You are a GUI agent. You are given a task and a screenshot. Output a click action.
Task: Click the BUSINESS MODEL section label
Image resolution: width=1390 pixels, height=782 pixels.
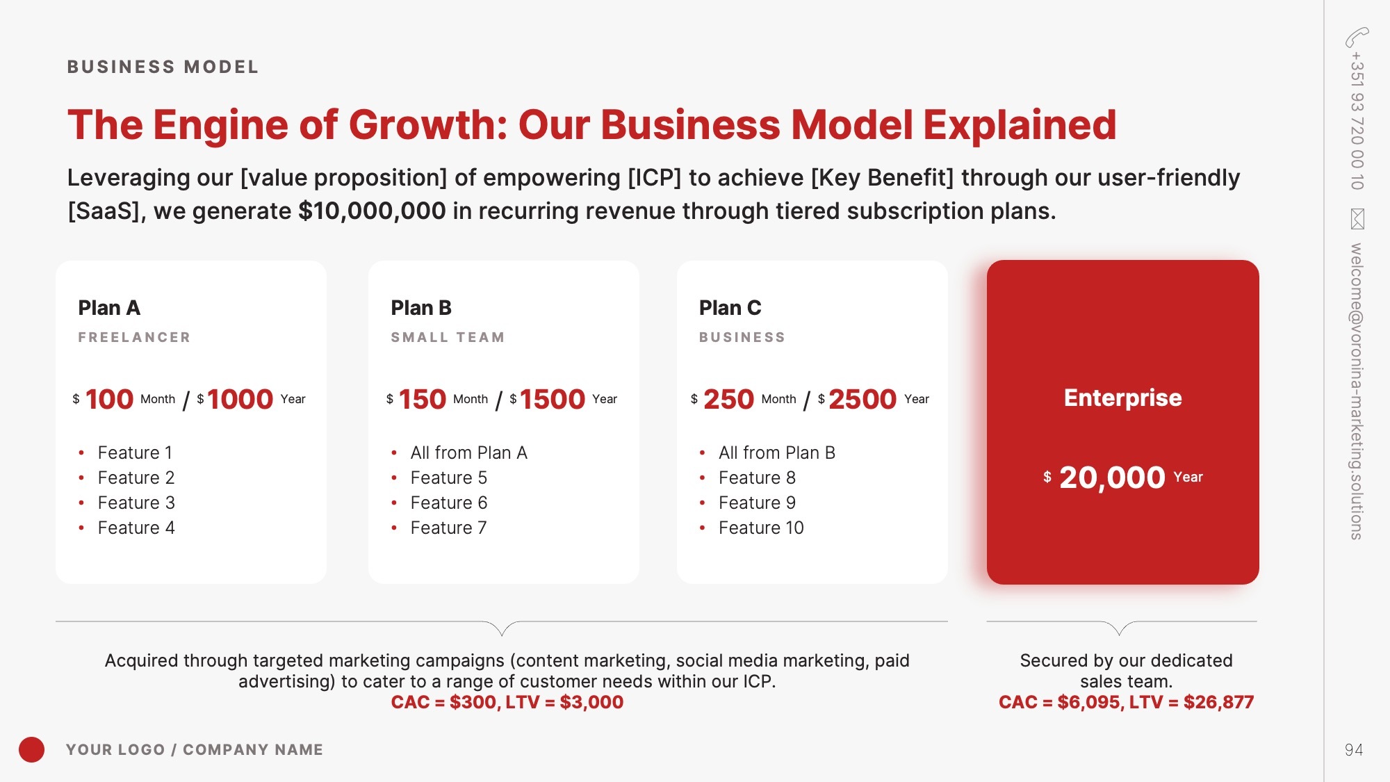pos(163,67)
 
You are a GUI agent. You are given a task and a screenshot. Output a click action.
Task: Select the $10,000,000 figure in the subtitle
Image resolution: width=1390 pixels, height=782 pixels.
pos(372,211)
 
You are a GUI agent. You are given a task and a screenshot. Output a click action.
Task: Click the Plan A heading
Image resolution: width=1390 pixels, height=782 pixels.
pos(109,307)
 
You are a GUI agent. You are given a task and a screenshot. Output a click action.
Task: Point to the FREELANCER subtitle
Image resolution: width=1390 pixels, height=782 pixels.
pos(134,337)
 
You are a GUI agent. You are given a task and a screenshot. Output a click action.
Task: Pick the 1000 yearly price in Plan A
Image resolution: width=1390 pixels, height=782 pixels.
pos(240,399)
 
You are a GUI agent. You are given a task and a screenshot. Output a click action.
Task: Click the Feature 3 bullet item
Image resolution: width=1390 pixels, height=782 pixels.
pos(136,503)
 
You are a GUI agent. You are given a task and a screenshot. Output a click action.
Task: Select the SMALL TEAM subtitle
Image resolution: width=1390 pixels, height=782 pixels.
pos(448,337)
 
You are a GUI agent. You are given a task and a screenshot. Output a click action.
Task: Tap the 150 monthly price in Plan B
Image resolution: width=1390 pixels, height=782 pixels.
pos(423,399)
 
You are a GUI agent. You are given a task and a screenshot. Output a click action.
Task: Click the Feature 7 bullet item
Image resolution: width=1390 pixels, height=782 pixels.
pos(448,528)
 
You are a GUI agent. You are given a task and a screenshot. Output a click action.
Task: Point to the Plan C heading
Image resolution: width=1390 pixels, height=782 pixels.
pos(730,307)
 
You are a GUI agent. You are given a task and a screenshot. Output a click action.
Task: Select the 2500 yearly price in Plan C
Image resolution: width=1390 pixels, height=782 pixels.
pos(862,399)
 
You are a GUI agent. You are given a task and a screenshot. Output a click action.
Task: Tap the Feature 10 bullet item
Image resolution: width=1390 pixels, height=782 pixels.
pos(761,528)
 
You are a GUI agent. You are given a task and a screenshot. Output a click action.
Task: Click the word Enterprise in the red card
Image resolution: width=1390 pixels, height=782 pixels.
pos(1123,398)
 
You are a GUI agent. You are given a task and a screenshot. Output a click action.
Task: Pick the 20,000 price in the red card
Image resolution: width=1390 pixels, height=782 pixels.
pos(1112,478)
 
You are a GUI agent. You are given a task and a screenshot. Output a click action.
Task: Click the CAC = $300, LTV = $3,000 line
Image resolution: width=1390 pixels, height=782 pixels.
pos(507,702)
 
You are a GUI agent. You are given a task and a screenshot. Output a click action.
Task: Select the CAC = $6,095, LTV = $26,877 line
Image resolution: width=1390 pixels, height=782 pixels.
pos(1127,702)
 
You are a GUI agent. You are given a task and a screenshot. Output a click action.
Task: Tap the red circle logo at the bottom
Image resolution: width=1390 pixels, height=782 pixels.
pos(31,749)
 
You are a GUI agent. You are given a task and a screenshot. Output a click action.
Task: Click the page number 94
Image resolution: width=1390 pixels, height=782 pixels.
pos(1354,749)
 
